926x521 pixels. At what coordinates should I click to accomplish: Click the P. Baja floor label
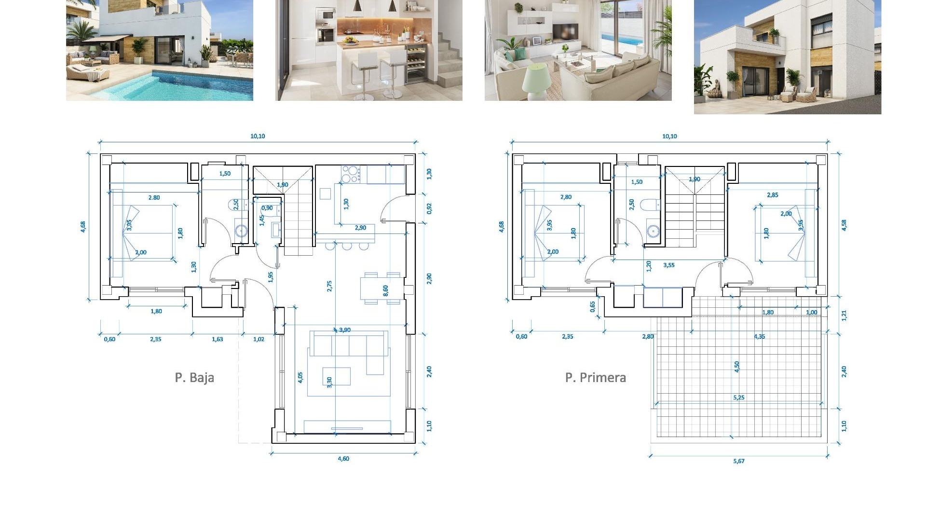click(194, 377)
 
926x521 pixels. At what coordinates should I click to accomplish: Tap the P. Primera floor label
click(596, 377)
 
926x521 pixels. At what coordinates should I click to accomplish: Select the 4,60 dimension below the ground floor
click(343, 459)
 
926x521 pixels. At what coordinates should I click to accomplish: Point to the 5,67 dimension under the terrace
click(739, 461)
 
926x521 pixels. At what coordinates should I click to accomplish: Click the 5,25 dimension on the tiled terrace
click(739, 398)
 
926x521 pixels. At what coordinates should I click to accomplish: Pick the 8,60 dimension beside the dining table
click(386, 290)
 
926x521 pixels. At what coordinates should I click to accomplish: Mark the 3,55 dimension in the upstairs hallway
click(669, 265)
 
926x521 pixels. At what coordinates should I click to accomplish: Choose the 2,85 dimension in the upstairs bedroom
click(773, 195)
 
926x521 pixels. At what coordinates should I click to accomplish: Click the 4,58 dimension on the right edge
click(844, 225)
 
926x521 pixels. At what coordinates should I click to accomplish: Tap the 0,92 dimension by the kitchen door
click(429, 208)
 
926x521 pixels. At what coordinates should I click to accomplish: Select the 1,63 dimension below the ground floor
click(218, 339)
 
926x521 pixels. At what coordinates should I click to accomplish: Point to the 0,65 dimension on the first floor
click(593, 307)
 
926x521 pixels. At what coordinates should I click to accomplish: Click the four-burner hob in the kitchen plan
click(351, 174)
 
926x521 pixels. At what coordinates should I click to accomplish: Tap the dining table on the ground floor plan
click(381, 288)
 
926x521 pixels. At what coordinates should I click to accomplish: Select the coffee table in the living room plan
click(337, 376)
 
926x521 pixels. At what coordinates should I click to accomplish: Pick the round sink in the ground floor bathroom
click(241, 231)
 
